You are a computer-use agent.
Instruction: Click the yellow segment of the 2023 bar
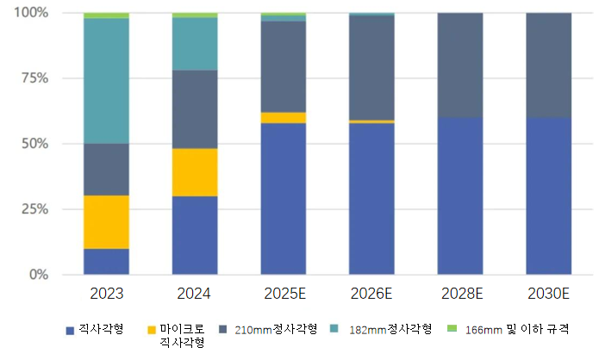107,222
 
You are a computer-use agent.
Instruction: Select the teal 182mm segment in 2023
107,81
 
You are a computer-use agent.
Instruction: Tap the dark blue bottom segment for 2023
107,262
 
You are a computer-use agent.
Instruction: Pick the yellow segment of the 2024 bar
195,172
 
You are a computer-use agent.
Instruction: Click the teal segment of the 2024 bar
195,44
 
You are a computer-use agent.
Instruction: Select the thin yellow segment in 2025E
284,118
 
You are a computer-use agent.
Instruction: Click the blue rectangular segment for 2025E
284,199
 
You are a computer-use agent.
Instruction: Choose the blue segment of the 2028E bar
461,196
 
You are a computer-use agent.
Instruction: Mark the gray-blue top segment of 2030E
549,65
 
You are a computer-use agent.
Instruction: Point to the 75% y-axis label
34,78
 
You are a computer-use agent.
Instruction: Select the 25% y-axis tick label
34,209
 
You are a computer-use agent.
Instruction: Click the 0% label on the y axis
38,275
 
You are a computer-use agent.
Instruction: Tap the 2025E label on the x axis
284,295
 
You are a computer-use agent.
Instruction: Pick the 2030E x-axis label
549,295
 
